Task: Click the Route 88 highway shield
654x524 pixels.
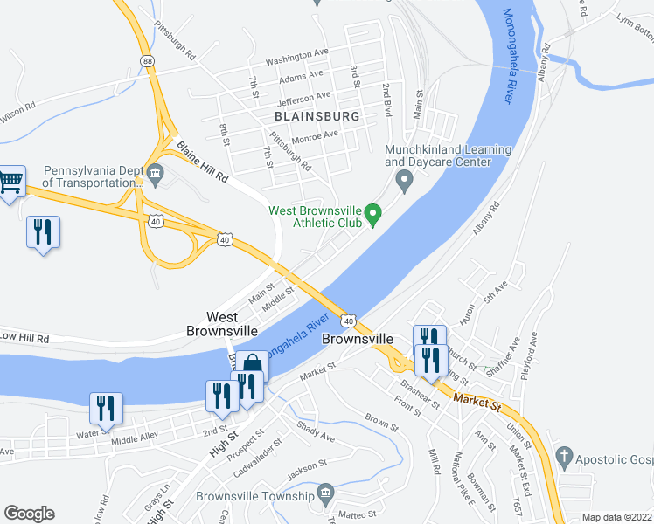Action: click(148, 59)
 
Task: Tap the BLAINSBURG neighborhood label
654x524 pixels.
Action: click(317, 116)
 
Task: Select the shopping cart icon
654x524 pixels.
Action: click(10, 182)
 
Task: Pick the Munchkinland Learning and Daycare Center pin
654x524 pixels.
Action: click(404, 182)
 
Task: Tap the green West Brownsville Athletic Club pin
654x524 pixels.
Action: click(373, 212)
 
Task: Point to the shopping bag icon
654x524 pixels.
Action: click(253, 364)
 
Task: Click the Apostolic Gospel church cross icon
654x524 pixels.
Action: click(564, 457)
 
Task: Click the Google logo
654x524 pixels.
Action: click(30, 514)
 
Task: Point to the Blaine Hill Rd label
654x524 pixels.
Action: click(202, 162)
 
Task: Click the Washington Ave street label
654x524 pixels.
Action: click(296, 60)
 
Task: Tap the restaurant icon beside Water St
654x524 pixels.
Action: click(106, 406)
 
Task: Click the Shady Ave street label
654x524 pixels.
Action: click(316, 431)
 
